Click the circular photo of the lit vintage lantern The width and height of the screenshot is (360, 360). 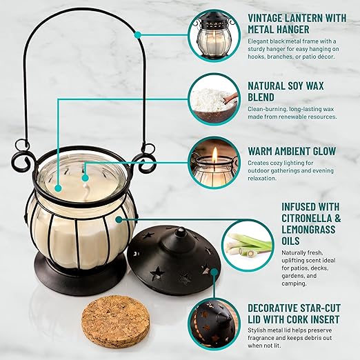pos(214,36)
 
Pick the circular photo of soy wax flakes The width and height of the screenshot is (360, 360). pos(214,99)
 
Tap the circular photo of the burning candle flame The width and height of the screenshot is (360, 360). pos(214,163)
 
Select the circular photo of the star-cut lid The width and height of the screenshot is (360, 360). pos(214,323)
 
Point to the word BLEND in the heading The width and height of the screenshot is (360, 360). pos(261,97)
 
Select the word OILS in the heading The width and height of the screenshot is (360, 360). pos(290,241)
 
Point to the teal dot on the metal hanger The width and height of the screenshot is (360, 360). pos(138,35)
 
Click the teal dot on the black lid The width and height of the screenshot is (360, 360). pos(214,272)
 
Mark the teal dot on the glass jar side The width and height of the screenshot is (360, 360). pos(119,219)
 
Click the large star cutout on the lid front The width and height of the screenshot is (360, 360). pos(157,273)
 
